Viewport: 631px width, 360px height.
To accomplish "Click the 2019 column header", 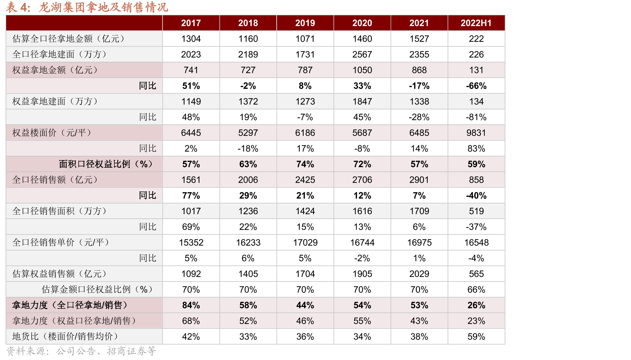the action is point(305,23).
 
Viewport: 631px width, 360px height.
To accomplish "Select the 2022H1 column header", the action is point(476,23).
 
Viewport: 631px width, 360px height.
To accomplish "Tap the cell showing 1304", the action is point(191,39).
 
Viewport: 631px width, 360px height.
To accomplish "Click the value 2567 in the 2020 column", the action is point(362,54).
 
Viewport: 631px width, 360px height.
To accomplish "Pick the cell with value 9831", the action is point(476,133).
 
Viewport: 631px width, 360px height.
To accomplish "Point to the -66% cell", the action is point(476,86).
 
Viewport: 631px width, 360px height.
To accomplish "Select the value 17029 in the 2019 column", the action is point(305,242).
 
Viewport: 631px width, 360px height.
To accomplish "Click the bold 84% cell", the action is point(191,305).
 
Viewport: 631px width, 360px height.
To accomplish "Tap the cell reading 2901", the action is point(419,180).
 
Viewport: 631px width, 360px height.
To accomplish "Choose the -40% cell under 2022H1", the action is point(476,195).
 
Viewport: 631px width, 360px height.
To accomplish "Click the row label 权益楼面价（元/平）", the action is point(52,133).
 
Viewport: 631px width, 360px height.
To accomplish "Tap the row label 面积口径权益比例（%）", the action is point(106,164).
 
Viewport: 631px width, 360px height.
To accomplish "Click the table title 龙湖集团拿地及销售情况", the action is point(104,7).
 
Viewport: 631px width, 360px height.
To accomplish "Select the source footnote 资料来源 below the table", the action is point(81,351).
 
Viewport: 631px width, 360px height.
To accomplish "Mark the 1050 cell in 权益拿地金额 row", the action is point(362,70).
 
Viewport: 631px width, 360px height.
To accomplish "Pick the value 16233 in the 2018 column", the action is point(248,242).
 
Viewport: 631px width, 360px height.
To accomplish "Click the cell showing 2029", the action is point(419,274).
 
